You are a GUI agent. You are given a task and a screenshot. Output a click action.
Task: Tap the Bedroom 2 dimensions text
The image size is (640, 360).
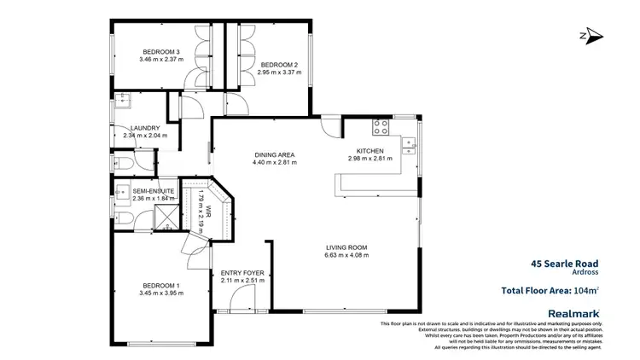coord(278,72)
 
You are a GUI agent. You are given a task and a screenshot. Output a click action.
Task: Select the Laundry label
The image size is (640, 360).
coord(145,128)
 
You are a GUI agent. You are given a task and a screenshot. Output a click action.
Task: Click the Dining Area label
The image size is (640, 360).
coord(274,154)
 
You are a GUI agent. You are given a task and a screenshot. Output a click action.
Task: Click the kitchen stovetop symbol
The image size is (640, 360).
coord(381,128)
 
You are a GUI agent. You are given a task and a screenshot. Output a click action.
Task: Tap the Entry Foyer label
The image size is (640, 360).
coord(242,273)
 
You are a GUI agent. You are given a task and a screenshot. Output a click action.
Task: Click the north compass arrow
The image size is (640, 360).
coord(591,36)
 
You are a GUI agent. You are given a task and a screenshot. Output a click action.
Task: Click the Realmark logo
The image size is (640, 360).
coord(576,313)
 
